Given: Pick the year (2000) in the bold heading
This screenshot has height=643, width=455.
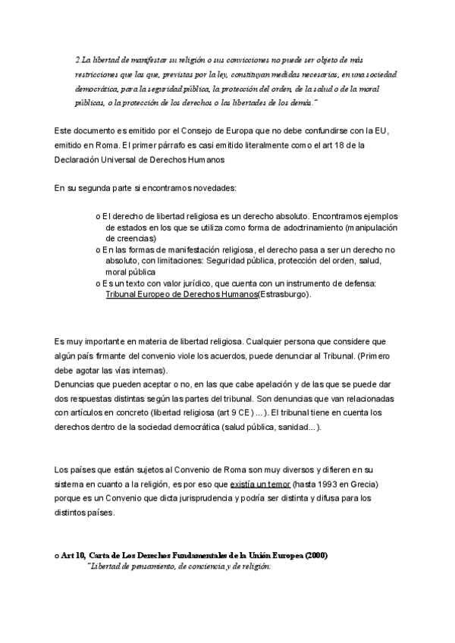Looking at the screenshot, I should (x=312, y=556).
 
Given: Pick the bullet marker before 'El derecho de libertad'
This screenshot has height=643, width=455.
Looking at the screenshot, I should (x=98, y=215).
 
